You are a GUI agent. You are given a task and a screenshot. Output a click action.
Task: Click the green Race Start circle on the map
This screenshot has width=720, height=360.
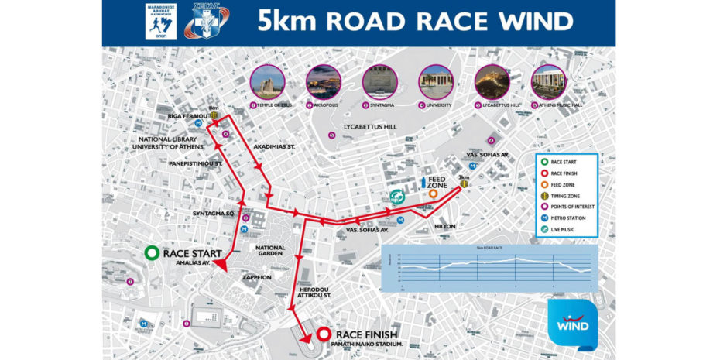pyautogui.click(x=151, y=253)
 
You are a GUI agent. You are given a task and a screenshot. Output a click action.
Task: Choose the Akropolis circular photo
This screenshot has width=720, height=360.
pyautogui.click(x=324, y=81)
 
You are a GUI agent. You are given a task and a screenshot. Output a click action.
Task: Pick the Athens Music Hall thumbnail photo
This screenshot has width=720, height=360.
pyautogui.click(x=548, y=81)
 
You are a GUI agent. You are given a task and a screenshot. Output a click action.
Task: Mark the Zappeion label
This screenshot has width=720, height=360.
pyautogui.click(x=256, y=276)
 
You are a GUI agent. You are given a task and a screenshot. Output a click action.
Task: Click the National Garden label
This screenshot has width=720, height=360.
pyautogui.click(x=269, y=252)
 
